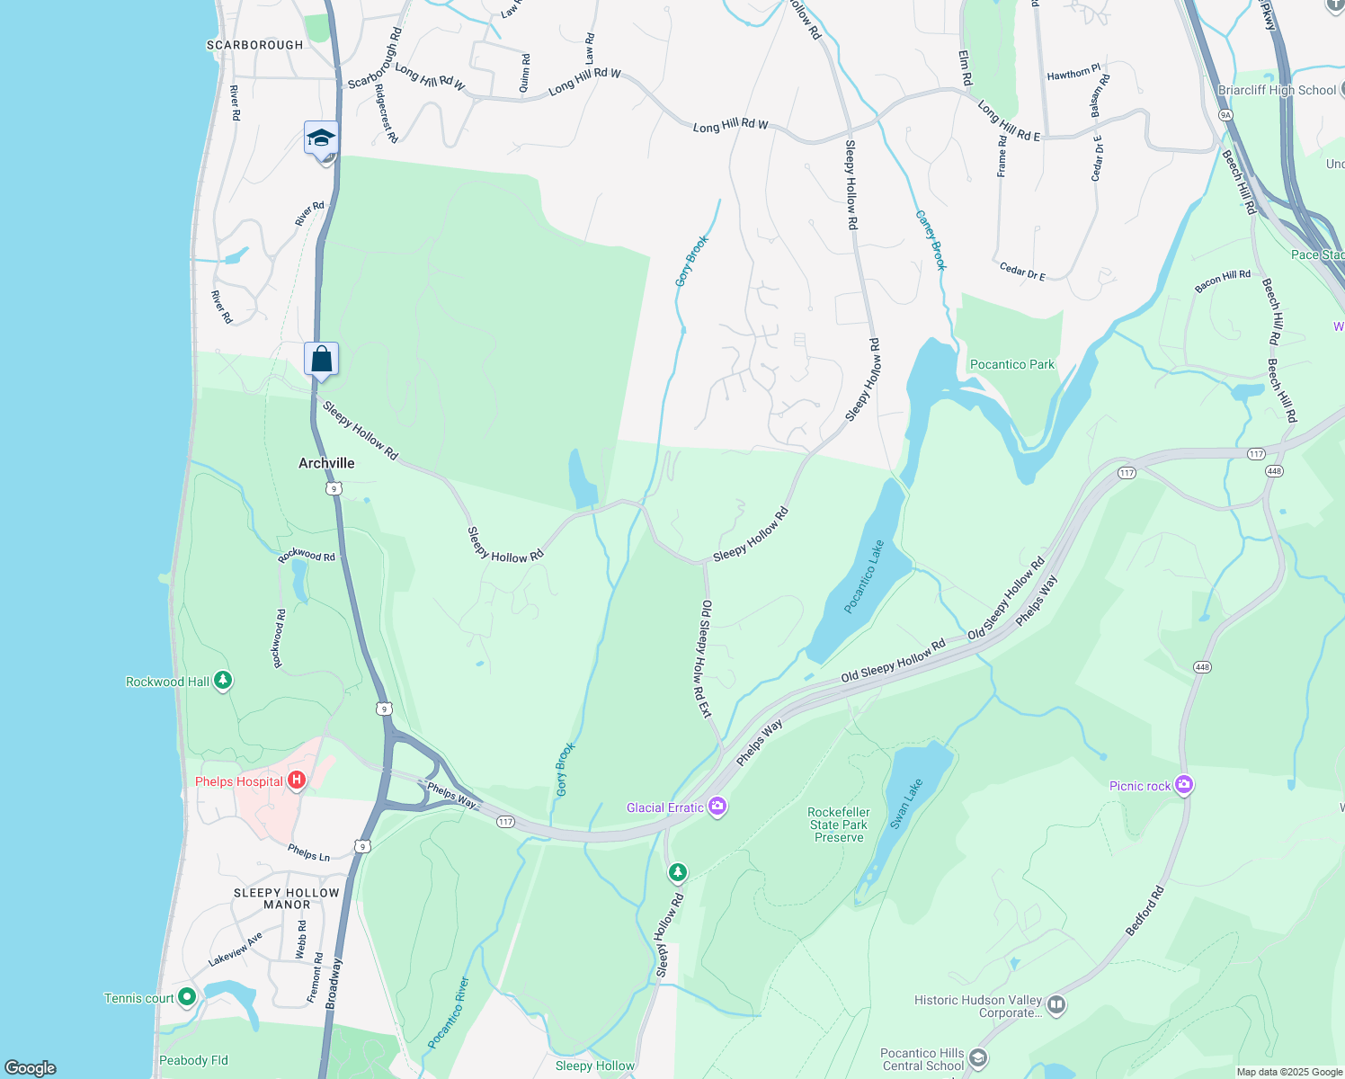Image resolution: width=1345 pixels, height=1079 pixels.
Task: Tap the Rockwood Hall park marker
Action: click(x=223, y=681)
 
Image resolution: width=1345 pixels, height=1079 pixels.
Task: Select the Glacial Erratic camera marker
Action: click(x=717, y=806)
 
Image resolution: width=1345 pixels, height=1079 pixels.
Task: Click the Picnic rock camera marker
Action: click(x=1184, y=785)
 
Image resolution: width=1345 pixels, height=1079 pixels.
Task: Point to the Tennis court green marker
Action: click(x=187, y=996)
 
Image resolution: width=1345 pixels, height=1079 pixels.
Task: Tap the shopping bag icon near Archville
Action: click(x=321, y=360)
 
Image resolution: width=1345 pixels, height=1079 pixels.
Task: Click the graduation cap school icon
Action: click(x=321, y=138)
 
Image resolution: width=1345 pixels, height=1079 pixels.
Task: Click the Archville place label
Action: click(x=326, y=463)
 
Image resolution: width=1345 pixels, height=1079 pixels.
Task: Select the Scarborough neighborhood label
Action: click(x=255, y=45)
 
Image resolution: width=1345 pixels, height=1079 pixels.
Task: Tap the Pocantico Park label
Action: click(x=1012, y=364)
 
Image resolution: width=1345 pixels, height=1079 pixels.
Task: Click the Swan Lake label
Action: click(x=906, y=803)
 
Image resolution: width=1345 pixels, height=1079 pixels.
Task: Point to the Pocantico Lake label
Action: click(x=865, y=576)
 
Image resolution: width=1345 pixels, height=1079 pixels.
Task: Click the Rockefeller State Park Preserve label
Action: click(x=839, y=825)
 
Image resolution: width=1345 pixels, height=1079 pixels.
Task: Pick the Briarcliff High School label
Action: click(x=1277, y=90)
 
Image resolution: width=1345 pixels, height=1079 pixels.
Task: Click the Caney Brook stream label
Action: click(x=931, y=240)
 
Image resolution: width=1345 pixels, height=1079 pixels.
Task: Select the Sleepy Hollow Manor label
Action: click(x=287, y=898)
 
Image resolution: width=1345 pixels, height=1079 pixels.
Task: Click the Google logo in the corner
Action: click(x=31, y=1067)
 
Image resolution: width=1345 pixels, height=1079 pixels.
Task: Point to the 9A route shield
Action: click(x=1225, y=115)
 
